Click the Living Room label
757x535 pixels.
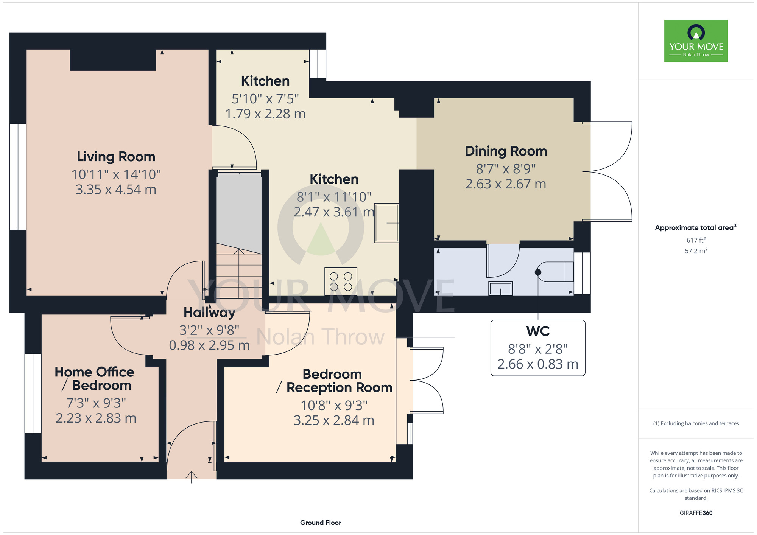pos(116,157)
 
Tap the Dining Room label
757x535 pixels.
pos(506,151)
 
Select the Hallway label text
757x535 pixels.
pos(209,313)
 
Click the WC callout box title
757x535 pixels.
pos(538,331)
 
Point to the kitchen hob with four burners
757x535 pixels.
pos(341,281)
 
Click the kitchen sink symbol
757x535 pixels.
pos(386,223)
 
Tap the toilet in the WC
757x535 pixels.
pos(555,272)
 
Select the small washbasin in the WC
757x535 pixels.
pos(500,288)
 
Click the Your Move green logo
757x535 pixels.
pos(696,41)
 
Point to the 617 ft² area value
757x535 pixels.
pos(696,240)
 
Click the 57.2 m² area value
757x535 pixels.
pos(696,250)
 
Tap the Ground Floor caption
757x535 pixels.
pos(321,523)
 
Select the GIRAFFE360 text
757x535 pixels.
pos(696,513)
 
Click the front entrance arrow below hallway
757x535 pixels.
pos(192,477)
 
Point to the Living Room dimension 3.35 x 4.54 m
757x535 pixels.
pos(116,189)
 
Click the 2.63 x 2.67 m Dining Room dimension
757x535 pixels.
pos(506,184)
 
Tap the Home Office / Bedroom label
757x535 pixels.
pos(94,378)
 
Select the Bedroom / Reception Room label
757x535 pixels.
pos(334,381)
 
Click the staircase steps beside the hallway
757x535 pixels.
pos(238,271)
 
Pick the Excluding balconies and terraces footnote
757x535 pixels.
pos(696,423)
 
